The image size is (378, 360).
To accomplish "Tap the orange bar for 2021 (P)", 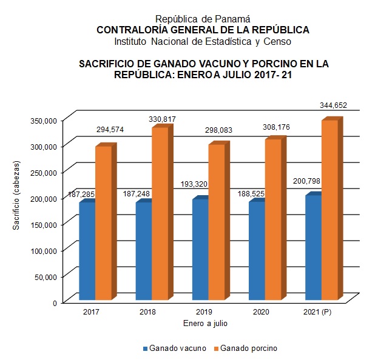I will [x=329, y=209].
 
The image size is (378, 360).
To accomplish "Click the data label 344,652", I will [x=333, y=105].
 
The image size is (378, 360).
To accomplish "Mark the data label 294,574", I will [x=110, y=130].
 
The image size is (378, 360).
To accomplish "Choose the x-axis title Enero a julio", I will [x=206, y=324].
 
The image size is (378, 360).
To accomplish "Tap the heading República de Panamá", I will [x=203, y=19].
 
